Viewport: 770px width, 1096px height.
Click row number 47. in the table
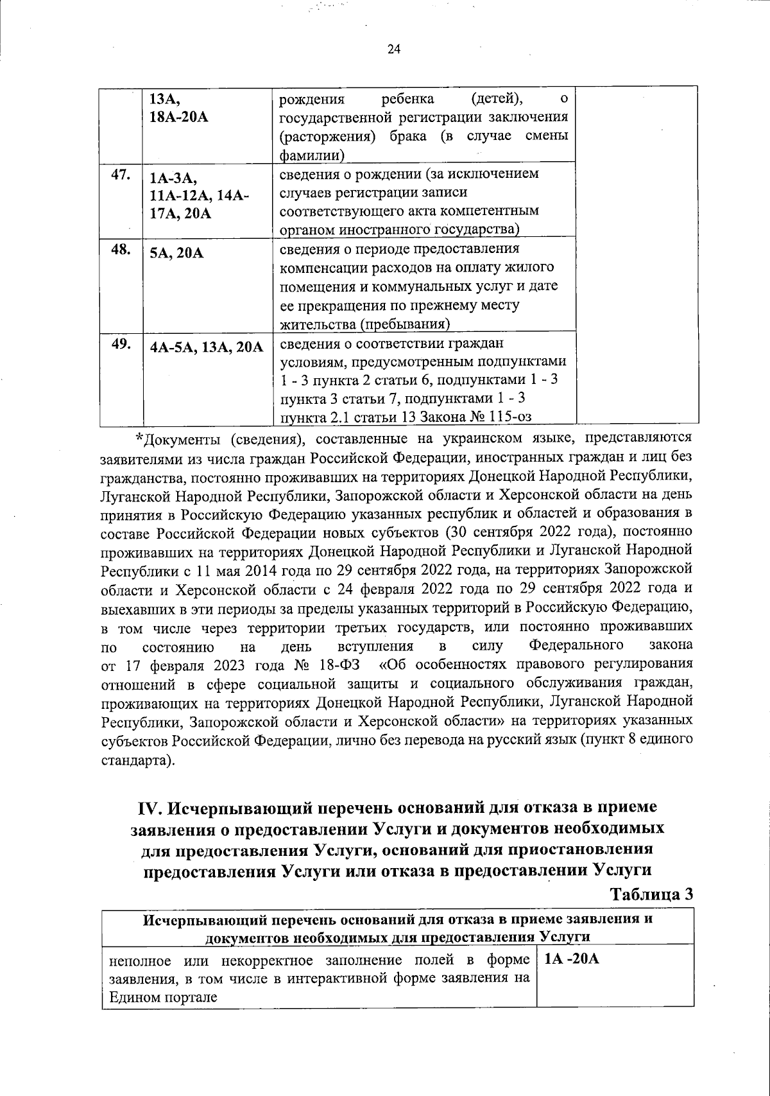121,176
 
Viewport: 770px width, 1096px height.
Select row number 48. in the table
121,250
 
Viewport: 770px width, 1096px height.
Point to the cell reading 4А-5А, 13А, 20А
207,347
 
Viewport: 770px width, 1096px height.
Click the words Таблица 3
651,894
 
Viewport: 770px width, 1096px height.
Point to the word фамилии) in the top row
311,155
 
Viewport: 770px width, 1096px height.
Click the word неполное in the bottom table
136,961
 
